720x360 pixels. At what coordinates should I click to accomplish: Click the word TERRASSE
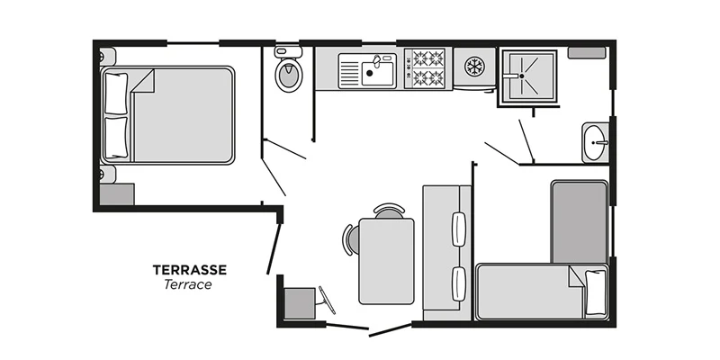(x=189, y=269)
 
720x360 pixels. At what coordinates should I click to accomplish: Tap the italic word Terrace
(x=188, y=284)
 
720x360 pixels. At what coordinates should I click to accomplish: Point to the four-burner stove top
(x=426, y=68)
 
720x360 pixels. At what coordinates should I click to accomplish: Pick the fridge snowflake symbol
(x=472, y=66)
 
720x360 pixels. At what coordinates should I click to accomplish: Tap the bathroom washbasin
(x=595, y=142)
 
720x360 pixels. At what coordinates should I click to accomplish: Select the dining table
(x=386, y=261)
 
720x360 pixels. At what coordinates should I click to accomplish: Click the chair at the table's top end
(x=389, y=211)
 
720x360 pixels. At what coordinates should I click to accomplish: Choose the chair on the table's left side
(x=350, y=239)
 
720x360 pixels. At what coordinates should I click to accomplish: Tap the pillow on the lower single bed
(x=595, y=292)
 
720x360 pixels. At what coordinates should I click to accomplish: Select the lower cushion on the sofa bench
(x=460, y=283)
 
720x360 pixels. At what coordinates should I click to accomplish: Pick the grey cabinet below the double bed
(x=116, y=194)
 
